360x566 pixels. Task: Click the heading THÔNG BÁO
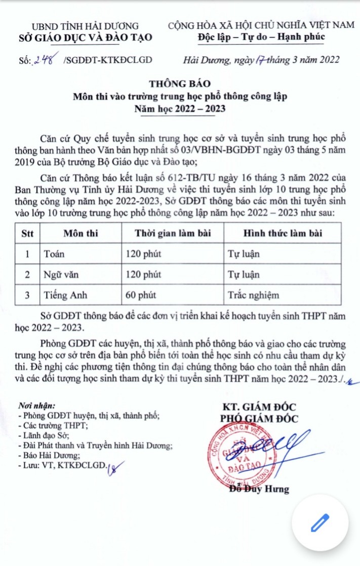pyautogui.click(x=179, y=84)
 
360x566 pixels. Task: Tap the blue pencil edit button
pyautogui.click(x=319, y=522)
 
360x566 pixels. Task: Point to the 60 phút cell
pyautogui.click(x=141, y=295)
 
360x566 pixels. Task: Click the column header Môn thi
pyautogui.click(x=81, y=233)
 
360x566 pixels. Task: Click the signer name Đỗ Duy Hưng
pyautogui.click(x=259, y=489)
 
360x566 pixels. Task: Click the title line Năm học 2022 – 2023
pyautogui.click(x=179, y=108)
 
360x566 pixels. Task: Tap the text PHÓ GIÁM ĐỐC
pyautogui.click(x=259, y=418)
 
